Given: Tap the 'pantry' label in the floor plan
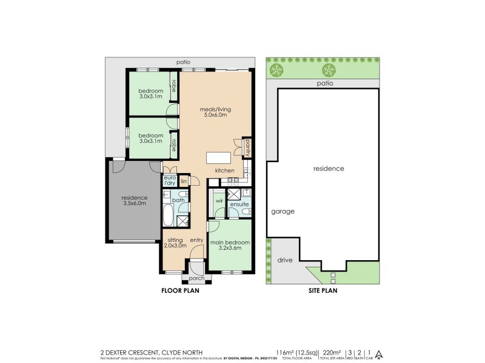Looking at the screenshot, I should click(x=247, y=147).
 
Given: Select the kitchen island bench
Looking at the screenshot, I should click(x=219, y=158).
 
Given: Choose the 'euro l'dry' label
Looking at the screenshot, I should click(x=169, y=180).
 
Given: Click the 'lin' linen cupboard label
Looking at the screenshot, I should click(x=184, y=180).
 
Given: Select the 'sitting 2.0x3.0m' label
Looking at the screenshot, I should click(x=176, y=243).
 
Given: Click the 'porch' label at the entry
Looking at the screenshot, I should click(x=196, y=278).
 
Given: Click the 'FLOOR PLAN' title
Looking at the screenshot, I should click(x=180, y=290).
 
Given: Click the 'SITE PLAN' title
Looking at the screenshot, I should click(x=322, y=290).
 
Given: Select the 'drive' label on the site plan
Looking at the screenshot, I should click(x=284, y=260).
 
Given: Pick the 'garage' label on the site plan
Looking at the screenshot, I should click(x=283, y=212).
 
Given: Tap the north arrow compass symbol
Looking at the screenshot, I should click(x=379, y=354).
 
